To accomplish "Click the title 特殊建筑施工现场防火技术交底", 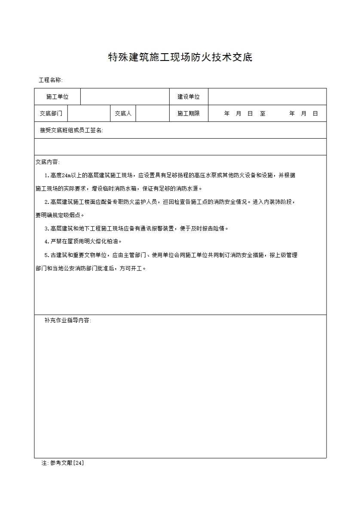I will pyautogui.click(x=180, y=57).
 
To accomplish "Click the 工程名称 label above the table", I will pyautogui.click(x=51, y=80).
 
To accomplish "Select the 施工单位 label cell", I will pyautogui.click(x=58, y=97).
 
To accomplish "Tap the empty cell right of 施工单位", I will pyautogui.click(x=125, y=97).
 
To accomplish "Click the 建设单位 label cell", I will pyautogui.click(x=189, y=97).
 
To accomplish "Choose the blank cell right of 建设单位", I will pyautogui.click(x=267, y=97).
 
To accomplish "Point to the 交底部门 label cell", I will pyautogui.click(x=51, y=114).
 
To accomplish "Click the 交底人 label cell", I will pyautogui.click(x=123, y=114).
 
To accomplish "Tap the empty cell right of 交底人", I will pyautogui.click(x=153, y=114).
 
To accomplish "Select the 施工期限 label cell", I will pyautogui.click(x=189, y=114).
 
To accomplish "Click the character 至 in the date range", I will pyautogui.click(x=262, y=114).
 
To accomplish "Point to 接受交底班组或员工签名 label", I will pyautogui.click(x=71, y=130).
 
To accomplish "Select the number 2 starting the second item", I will pyautogui.click(x=46, y=202).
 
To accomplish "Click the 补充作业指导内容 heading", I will pyautogui.click(x=67, y=321).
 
